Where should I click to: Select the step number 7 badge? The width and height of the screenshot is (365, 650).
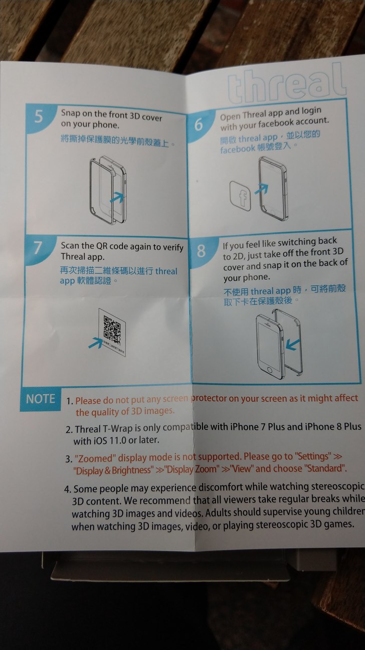pyautogui.click(x=38, y=248)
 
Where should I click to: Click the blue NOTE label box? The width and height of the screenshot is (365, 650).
pyautogui.click(x=41, y=399)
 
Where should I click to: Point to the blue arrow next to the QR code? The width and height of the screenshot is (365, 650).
pyautogui.click(x=96, y=343)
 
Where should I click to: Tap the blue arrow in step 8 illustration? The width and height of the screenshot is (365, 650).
pyautogui.click(x=293, y=345)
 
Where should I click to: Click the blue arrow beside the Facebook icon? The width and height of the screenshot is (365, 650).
pyautogui.click(x=261, y=188)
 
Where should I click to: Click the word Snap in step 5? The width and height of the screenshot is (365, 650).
pyautogui.click(x=70, y=113)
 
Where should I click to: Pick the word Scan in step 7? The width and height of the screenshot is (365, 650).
pyautogui.click(x=70, y=246)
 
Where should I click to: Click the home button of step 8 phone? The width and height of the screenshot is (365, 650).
pyautogui.click(x=270, y=370)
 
